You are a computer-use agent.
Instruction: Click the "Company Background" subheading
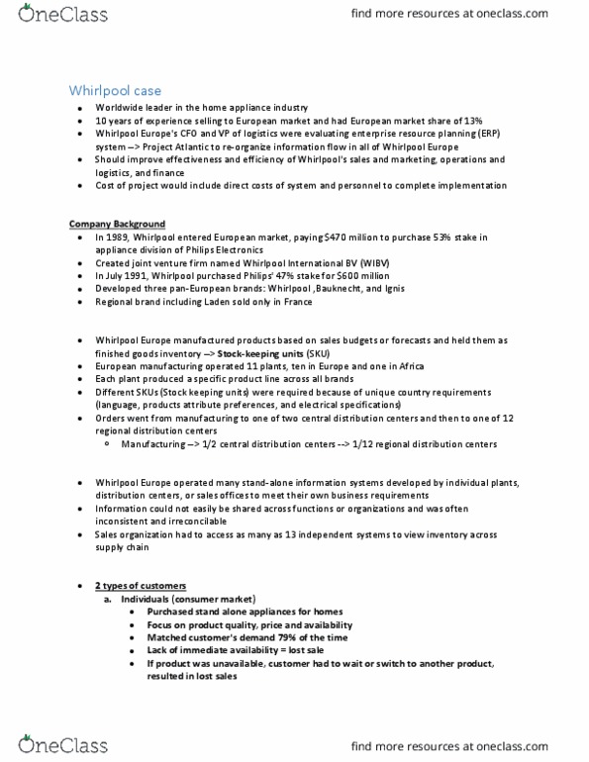pyautogui.click(x=117, y=224)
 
